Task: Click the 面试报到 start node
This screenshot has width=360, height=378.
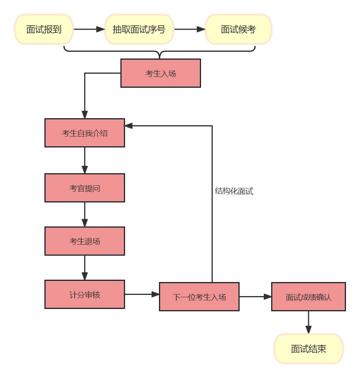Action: pyautogui.click(x=44, y=29)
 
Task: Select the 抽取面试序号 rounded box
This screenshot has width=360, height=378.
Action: pyautogui.click(x=139, y=29)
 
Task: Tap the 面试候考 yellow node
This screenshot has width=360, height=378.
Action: pyautogui.click(x=238, y=29)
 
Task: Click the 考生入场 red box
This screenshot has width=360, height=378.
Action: pyautogui.click(x=161, y=73)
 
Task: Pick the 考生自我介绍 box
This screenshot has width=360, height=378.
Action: pyautogui.click(x=85, y=133)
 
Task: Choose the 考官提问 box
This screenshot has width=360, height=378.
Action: pyautogui.click(x=85, y=188)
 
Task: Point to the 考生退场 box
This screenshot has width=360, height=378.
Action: pyautogui.click(x=85, y=241)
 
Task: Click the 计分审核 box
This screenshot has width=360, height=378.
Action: pyautogui.click(x=85, y=294)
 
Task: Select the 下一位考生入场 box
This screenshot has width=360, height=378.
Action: pyautogui.click(x=199, y=297)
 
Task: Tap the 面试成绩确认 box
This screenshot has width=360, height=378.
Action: pyautogui.click(x=308, y=297)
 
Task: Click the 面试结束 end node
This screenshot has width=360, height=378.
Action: pyautogui.click(x=308, y=349)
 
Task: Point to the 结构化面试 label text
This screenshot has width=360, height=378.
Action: pyautogui.click(x=234, y=192)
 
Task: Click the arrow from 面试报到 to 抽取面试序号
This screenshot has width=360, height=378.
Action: pyautogui.click(x=89, y=29)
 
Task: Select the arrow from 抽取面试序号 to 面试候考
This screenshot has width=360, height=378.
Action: pyautogui.click(x=189, y=29)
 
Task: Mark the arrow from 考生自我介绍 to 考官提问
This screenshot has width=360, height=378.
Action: pyautogui.click(x=85, y=160)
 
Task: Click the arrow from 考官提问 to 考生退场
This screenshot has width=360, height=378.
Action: pyautogui.click(x=85, y=215)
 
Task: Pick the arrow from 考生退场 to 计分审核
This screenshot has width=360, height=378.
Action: pyautogui.click(x=85, y=268)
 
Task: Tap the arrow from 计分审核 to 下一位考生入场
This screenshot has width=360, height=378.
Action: pyautogui.click(x=142, y=294)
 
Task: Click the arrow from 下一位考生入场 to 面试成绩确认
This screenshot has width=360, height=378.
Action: pyautogui.click(x=255, y=297)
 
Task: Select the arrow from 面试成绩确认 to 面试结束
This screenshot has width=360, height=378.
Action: pyautogui.click(x=308, y=322)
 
